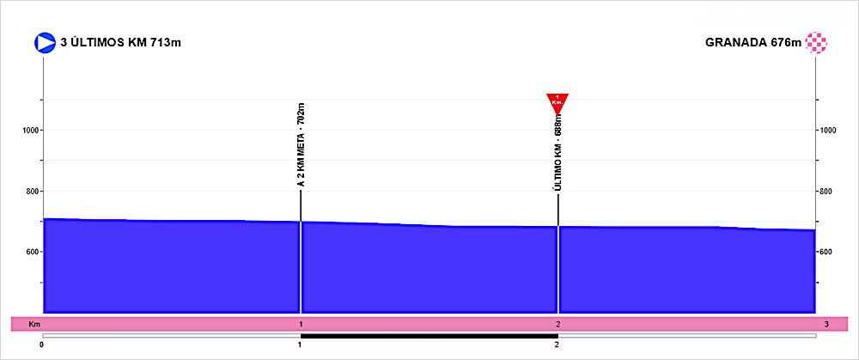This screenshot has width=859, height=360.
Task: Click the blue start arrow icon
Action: point(45,42)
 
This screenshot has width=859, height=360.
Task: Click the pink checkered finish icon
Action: point(816,42)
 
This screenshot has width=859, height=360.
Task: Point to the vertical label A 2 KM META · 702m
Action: point(301,145)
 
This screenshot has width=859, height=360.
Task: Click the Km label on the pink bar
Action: point(34,324)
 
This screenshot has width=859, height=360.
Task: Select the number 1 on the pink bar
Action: point(301,324)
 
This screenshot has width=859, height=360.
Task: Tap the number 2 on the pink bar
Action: point(558,324)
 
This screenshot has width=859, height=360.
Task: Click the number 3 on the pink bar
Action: point(826,324)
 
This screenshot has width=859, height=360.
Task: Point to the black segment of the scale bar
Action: point(429,335)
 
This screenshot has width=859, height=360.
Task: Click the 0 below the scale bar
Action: point(42,345)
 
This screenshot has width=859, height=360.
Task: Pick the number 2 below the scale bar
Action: point(557,345)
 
